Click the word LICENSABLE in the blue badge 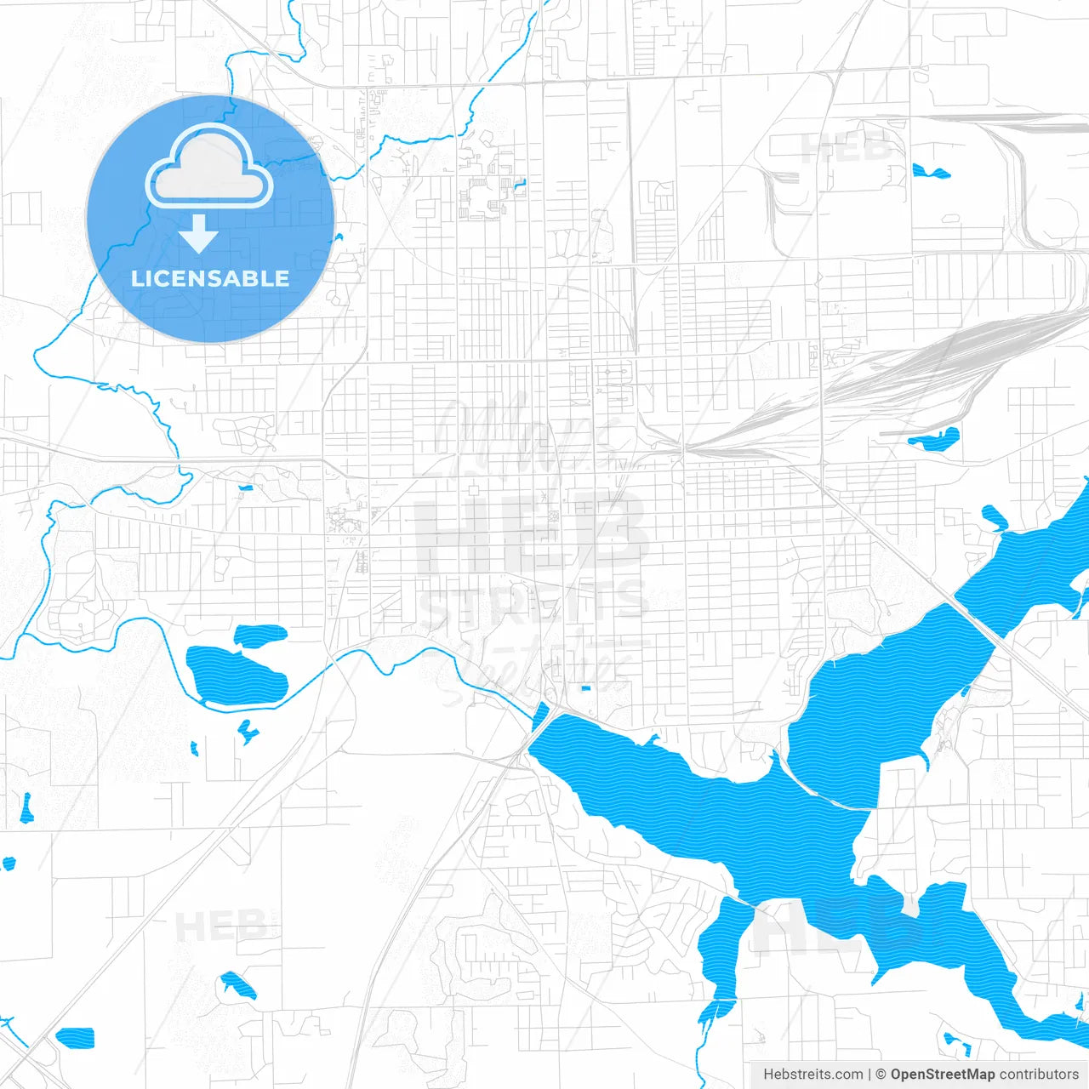(x=210, y=278)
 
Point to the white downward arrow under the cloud (x=199, y=233)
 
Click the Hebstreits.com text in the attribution (x=812, y=1075)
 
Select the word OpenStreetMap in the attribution (x=942, y=1075)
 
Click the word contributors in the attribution (x=1039, y=1075)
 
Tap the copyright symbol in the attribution (x=881, y=1075)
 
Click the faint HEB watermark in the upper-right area (x=847, y=146)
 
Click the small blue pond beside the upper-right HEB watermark (x=930, y=172)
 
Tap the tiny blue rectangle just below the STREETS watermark (x=584, y=687)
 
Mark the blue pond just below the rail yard (x=936, y=440)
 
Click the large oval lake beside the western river (x=236, y=675)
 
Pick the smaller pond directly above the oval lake (x=260, y=634)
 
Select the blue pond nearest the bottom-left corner (x=75, y=1038)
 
